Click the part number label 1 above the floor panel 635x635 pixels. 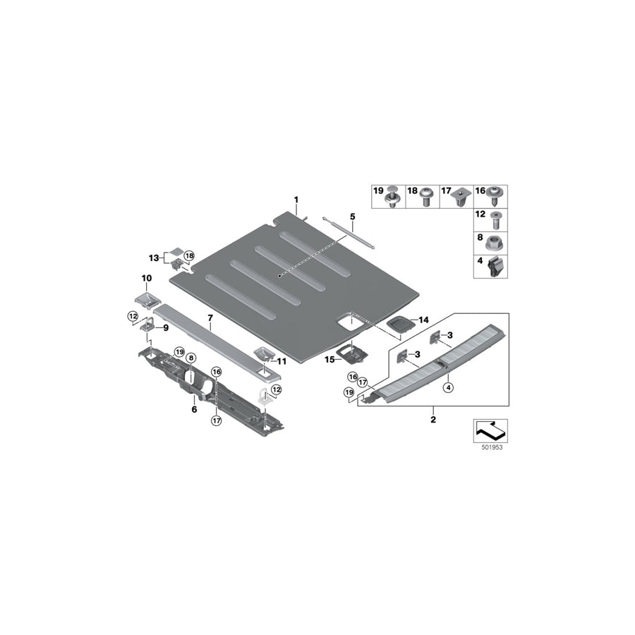click(x=296, y=200)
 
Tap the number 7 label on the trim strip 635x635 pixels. click(x=210, y=318)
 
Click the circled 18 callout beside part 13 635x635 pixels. click(x=188, y=255)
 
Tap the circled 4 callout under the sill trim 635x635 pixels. click(x=447, y=385)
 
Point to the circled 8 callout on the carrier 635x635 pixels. click(x=190, y=358)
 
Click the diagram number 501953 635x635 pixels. click(x=488, y=447)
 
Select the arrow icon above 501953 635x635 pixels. click(x=488, y=428)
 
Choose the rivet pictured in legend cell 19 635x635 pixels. click(x=394, y=195)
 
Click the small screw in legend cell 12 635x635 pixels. click(x=497, y=218)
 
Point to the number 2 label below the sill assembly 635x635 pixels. click(x=433, y=419)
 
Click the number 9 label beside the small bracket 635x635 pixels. click(x=166, y=327)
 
